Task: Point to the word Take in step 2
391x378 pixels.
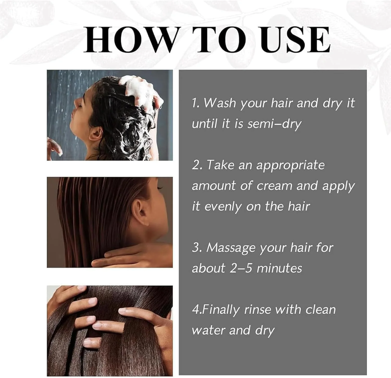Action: pos(220,165)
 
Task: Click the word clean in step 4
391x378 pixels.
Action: pos(321,310)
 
